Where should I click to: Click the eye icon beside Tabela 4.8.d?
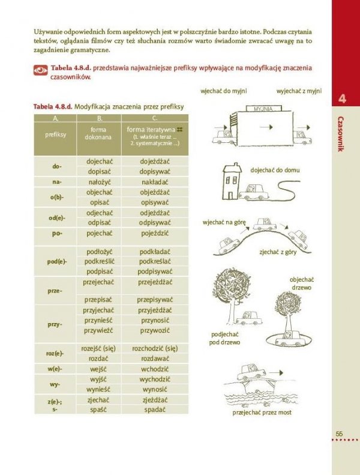[40, 70]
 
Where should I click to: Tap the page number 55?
[339, 434]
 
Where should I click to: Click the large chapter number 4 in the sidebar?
[341, 98]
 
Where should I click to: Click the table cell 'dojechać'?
[99, 162]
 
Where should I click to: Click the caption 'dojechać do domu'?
[275, 170]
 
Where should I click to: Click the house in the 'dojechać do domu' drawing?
[230, 181]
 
